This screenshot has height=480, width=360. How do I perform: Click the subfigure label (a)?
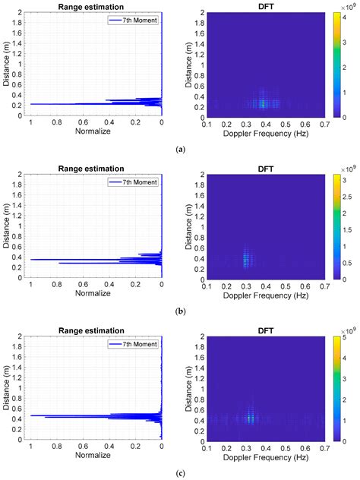pos(180,150)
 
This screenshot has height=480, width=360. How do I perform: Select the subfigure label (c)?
pos(180,472)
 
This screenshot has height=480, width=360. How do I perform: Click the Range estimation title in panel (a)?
pos(96,7)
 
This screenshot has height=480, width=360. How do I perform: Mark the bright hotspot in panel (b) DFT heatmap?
pos(245,259)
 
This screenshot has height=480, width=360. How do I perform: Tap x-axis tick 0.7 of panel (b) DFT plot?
pos(317,285)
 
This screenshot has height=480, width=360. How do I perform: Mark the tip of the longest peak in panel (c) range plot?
pos(30,415)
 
